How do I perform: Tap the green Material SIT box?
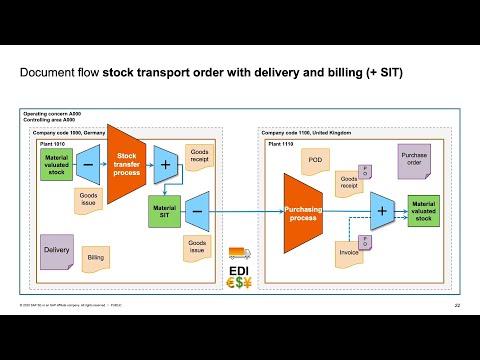click(x=162, y=211)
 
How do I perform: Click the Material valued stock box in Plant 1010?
click(x=57, y=164)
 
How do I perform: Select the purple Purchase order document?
click(x=414, y=162)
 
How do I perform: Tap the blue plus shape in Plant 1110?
click(x=381, y=211)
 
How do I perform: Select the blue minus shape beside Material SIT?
click(x=197, y=211)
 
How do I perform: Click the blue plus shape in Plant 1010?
click(x=163, y=164)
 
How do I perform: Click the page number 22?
click(x=456, y=305)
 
